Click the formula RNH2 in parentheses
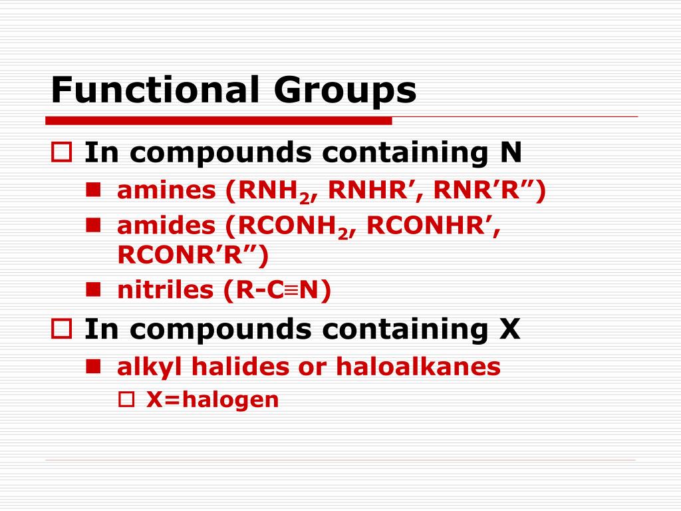pos(271,192)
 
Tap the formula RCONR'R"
pos(187,254)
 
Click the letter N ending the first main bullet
pos(511,153)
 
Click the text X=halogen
pos(212,399)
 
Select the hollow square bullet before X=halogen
pos(126,399)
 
